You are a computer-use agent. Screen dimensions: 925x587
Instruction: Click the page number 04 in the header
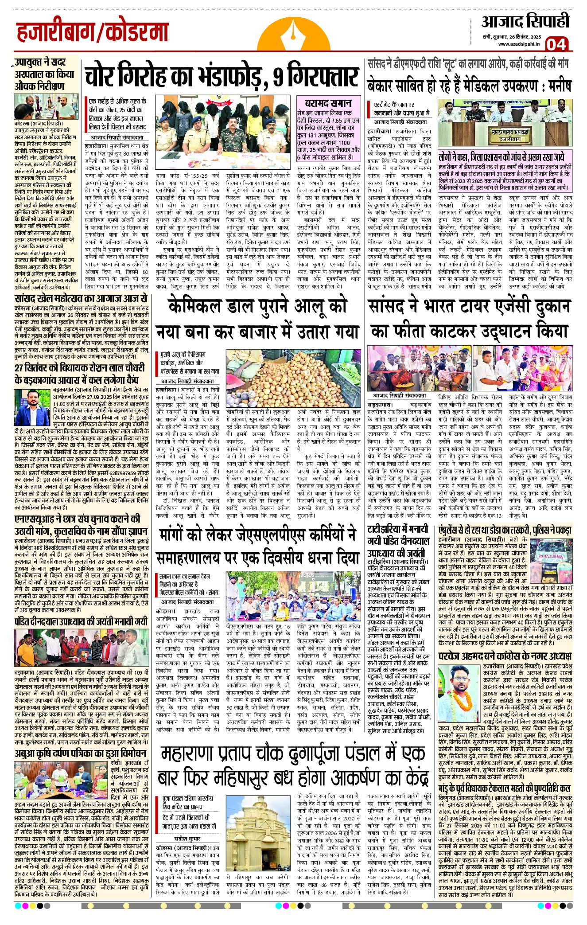556,44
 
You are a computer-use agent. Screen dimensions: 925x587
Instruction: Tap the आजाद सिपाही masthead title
525,22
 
